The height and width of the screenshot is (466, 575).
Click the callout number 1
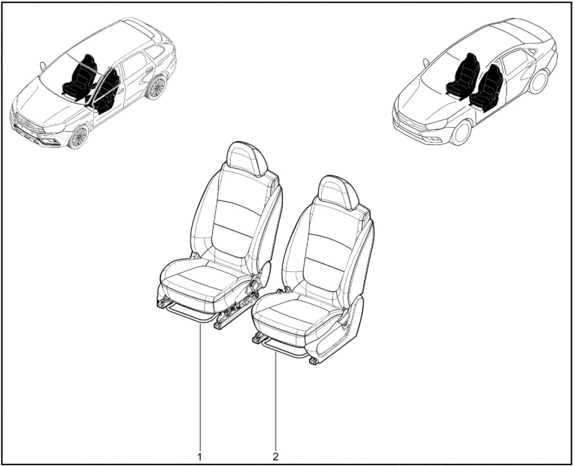tap(200, 457)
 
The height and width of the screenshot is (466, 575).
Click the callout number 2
tap(276, 457)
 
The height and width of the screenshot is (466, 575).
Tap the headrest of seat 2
tap(338, 192)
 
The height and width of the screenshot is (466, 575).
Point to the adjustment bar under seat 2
tap(282, 350)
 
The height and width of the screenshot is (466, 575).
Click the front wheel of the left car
tap(78, 137)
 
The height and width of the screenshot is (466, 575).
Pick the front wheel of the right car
tap(461, 131)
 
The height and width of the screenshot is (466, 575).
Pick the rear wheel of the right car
tap(538, 82)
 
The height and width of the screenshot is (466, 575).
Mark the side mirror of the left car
tap(43, 66)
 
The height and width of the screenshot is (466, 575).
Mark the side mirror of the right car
tap(426, 62)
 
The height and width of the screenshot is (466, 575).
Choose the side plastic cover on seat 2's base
tap(339, 331)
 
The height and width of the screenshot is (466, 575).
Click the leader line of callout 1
tap(200, 385)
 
